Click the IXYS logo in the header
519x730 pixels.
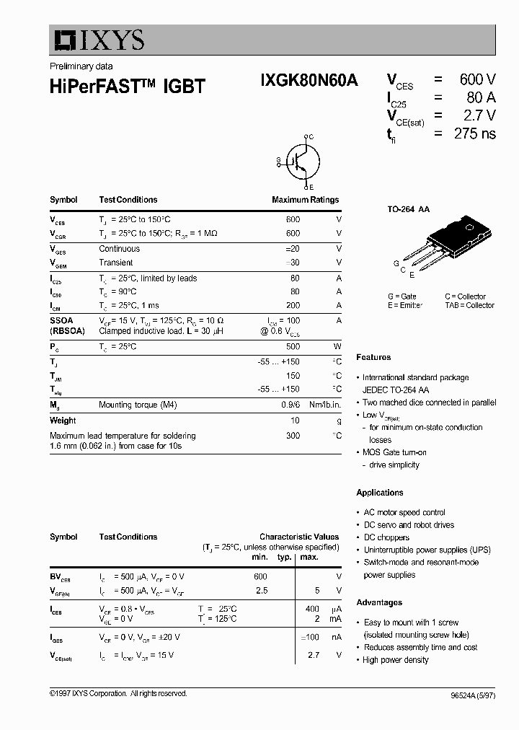97,40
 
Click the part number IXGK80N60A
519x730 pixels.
309,82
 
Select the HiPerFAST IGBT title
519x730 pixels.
128,86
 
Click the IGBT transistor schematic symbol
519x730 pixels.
298,161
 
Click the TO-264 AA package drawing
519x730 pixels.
451,241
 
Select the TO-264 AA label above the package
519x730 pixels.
409,209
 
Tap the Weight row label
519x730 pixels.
63,421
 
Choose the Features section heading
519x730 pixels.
373,357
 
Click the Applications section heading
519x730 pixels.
379,493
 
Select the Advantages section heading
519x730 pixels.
378,602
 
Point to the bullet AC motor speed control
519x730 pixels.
404,512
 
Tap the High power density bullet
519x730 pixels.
396,660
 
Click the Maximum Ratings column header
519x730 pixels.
305,200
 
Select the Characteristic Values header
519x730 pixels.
298,537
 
